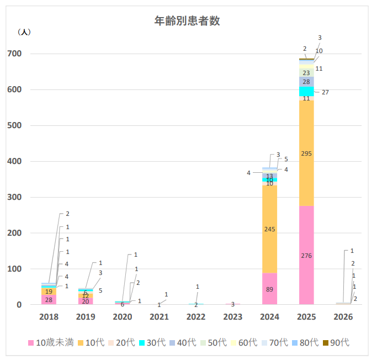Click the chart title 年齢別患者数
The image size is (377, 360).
188,21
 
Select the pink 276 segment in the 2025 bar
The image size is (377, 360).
306,255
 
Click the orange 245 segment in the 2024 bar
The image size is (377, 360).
269,229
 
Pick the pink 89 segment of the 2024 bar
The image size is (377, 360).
269,289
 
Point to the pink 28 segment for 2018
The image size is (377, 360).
49,300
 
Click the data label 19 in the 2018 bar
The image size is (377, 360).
49,292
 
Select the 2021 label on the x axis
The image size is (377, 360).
159,317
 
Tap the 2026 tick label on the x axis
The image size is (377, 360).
343,317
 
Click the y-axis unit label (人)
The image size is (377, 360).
25,32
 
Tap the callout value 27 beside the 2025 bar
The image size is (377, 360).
325,92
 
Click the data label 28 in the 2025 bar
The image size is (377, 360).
306,82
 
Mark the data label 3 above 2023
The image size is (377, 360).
232,304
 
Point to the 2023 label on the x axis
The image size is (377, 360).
233,317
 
